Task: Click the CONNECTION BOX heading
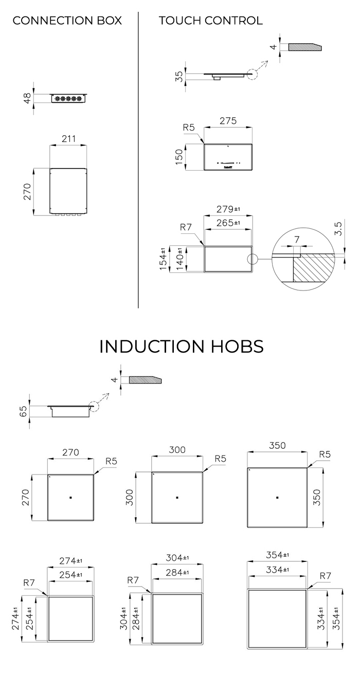pos(67,21)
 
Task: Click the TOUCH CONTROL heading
pos(211,21)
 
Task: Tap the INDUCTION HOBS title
pos(182,346)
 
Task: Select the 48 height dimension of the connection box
pos(27,98)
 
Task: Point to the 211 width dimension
pos(68,138)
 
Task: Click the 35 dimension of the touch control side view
pos(179,77)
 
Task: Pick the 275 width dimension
pos(228,121)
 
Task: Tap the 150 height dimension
pos(179,157)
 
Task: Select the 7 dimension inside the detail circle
pos(297,240)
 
